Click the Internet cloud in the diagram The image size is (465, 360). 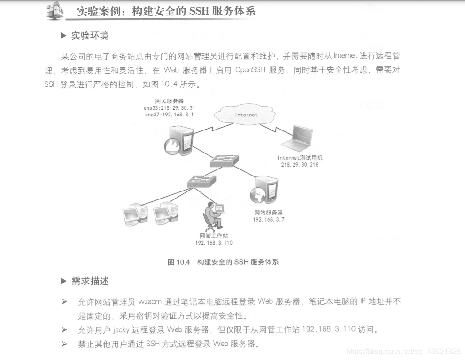tap(245, 114)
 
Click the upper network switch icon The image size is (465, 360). tap(225, 161)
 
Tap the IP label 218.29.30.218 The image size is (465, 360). tap(300, 165)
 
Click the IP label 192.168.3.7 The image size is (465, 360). tap(269, 219)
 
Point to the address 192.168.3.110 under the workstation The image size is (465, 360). tap(214, 243)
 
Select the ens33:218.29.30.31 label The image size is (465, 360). tap(170, 108)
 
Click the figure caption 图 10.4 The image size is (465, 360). tap(178, 262)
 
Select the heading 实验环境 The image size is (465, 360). tap(90, 36)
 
